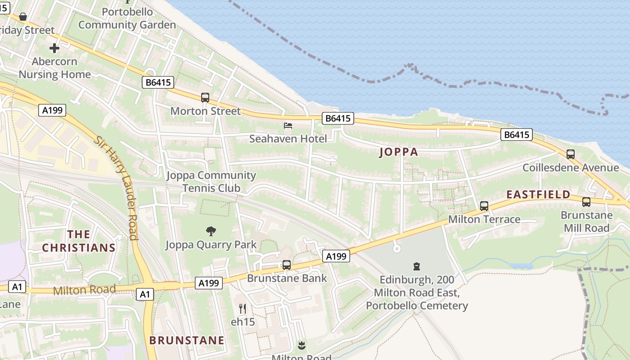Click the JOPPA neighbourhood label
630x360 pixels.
(399, 152)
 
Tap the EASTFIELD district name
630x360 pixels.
(538, 194)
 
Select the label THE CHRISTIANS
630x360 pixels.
(79, 241)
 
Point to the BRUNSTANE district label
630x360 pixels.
(187, 340)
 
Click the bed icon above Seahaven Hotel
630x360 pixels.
(288, 126)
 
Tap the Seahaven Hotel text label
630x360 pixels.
(288, 139)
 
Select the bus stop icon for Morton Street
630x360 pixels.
(205, 97)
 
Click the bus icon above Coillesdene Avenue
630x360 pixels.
(571, 154)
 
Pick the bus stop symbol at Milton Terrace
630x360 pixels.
(484, 206)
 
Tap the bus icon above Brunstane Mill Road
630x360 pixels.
(586, 202)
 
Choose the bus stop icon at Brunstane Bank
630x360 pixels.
(287, 265)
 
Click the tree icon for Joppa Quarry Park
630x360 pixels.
(211, 231)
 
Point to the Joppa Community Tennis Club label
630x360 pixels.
(211, 181)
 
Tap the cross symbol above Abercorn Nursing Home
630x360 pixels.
(54, 48)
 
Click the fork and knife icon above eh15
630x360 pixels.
(243, 308)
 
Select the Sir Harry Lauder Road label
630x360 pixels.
(117, 187)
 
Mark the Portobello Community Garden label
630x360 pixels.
(127, 18)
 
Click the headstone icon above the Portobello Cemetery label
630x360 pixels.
(417, 266)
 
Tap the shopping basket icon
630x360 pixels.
(23, 17)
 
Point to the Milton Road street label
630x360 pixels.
(84, 290)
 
